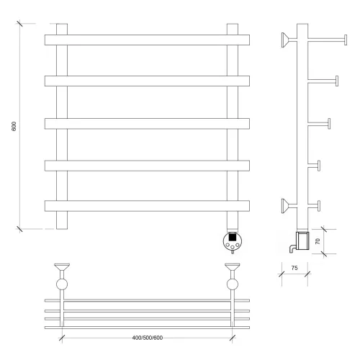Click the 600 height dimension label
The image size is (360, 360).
14,126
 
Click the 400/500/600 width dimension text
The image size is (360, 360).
148,338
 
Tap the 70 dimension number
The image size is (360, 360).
318,241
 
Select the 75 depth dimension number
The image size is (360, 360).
294,268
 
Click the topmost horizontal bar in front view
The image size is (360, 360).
147,40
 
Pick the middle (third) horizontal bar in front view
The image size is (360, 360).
147,124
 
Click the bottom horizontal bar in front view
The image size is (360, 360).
147,206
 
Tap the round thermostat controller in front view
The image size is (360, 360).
233,241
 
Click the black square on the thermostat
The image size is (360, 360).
232,238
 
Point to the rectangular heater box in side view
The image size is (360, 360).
303,240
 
